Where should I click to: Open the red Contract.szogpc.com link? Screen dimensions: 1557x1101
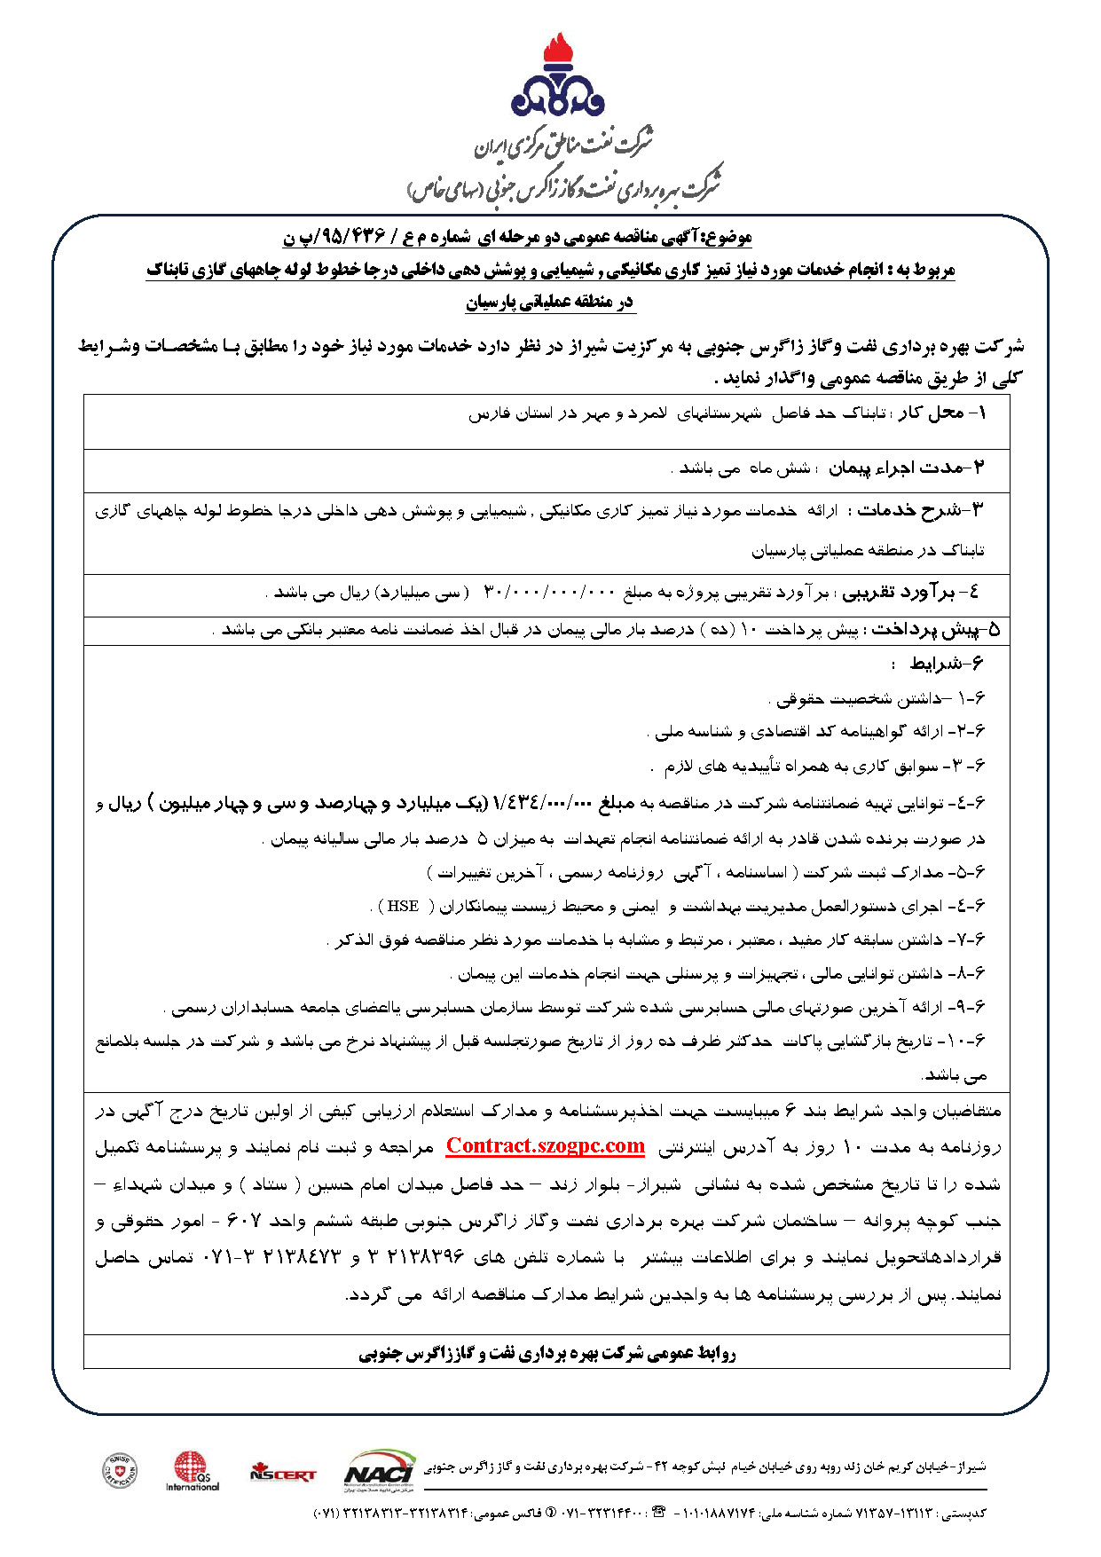[545, 1145]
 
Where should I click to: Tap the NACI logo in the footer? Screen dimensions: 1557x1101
[379, 1468]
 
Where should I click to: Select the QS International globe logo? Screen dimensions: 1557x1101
[192, 1469]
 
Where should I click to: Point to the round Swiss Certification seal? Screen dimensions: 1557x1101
[120, 1471]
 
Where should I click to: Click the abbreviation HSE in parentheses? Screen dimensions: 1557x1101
[403, 906]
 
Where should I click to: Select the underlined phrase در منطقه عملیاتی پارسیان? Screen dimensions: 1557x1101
[549, 303]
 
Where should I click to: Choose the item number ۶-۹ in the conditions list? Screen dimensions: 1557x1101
[971, 1007]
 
